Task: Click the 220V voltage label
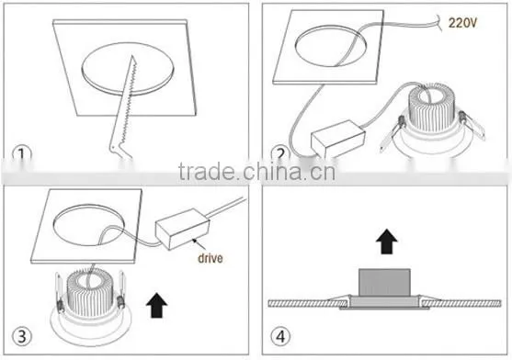tap(462, 22)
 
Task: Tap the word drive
tap(210, 258)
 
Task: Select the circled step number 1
tap(21, 154)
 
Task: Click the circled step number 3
tap(22, 336)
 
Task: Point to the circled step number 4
tap(280, 336)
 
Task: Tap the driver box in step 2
tap(337, 139)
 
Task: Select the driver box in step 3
tap(182, 229)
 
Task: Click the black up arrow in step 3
tap(157, 305)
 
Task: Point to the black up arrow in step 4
tap(386, 242)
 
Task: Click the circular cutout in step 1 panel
tap(128, 69)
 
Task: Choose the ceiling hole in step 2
tap(329, 46)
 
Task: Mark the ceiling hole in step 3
tap(88, 225)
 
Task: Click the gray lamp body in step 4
tap(384, 283)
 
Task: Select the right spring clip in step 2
tap(472, 126)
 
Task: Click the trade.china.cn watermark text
tap(256, 172)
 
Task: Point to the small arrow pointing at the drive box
tap(199, 244)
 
